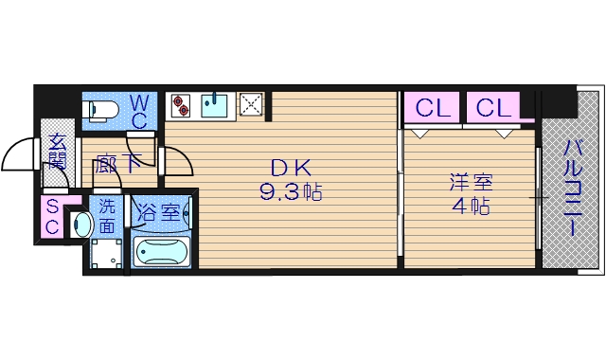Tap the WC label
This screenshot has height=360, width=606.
pos(138,110)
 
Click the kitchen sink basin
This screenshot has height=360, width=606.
pos(214,103)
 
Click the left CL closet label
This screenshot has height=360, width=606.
pos(432,108)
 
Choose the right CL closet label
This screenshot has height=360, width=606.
pos(492,108)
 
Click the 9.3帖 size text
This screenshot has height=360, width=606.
pos(291,192)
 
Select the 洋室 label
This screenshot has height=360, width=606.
pos(471,181)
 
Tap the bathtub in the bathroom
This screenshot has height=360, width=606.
pos(162,252)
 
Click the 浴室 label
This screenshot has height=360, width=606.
pos(160,211)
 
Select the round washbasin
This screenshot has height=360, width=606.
pos(82,225)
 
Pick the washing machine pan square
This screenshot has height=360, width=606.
pos(106,254)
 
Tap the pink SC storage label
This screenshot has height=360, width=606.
pos(53,217)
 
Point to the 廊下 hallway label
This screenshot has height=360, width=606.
pos(118,162)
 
